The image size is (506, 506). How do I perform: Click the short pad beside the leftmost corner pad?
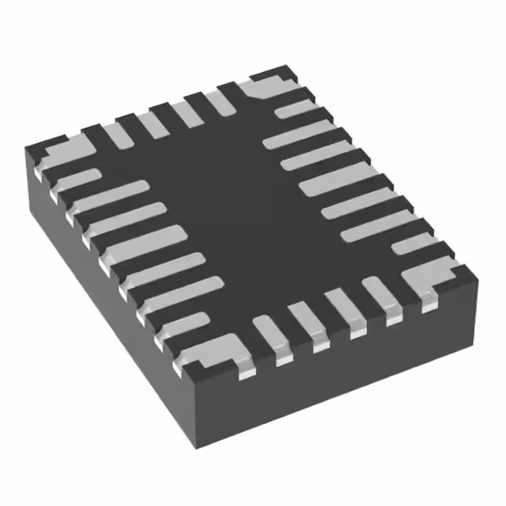[79, 180]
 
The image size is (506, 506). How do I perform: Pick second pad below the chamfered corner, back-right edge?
[304, 134]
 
